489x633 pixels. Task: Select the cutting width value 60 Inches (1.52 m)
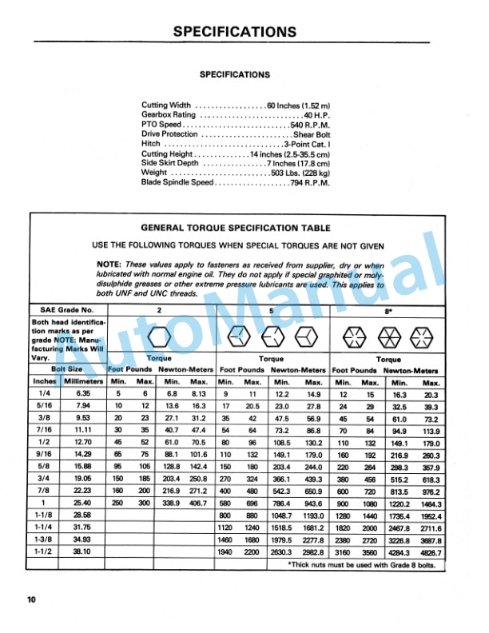coord(298,105)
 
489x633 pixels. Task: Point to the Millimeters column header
coord(85,382)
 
